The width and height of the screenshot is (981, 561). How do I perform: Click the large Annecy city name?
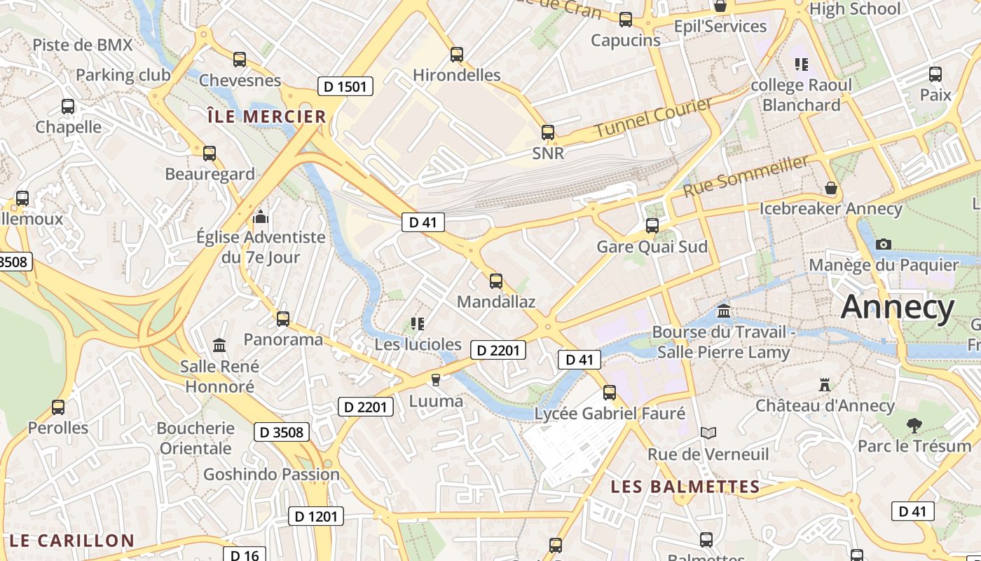(x=898, y=307)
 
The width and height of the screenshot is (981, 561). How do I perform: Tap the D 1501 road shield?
(x=345, y=86)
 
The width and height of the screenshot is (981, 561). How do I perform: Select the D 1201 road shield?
(x=315, y=517)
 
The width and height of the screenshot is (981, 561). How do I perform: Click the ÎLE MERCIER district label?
(x=267, y=116)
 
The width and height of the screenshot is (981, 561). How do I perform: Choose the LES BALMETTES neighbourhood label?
(x=685, y=487)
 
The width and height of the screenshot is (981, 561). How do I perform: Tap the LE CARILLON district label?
(x=72, y=541)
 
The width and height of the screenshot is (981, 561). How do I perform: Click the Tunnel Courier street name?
(x=653, y=117)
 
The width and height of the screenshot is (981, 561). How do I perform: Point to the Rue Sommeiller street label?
(x=746, y=175)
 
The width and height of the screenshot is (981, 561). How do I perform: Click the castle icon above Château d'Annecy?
(x=825, y=384)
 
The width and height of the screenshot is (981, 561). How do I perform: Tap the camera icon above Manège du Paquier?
(x=884, y=244)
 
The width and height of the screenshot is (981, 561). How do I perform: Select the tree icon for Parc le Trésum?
(x=914, y=424)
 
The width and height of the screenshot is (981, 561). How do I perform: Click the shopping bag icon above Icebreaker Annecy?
(x=830, y=188)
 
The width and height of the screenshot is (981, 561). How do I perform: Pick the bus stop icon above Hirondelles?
(x=457, y=54)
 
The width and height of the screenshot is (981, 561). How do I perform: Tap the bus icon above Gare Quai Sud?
(x=652, y=226)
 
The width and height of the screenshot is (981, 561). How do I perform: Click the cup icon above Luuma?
(x=436, y=379)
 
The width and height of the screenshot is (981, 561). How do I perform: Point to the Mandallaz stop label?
(x=495, y=302)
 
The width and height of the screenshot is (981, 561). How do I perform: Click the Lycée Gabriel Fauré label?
(x=610, y=414)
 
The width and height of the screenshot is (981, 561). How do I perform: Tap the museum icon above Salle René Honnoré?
(x=219, y=345)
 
